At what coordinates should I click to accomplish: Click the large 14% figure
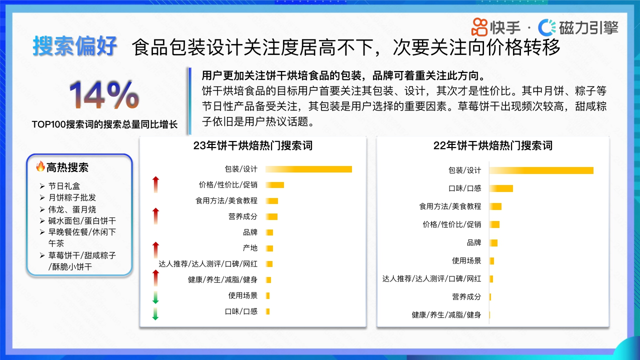104,95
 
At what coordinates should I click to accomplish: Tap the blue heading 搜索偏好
75,46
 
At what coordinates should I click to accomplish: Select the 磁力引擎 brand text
588,27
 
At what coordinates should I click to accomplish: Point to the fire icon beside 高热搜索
40,166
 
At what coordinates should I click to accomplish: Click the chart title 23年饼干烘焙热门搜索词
253,145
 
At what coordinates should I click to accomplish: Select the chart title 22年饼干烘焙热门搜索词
492,145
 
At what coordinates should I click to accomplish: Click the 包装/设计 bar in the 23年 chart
308,169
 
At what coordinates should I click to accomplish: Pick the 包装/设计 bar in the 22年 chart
541,170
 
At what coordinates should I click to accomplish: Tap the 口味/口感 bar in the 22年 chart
501,188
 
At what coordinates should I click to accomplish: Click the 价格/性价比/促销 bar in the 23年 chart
275,185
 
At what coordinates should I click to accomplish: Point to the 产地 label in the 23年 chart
250,248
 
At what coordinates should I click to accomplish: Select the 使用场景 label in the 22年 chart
466,260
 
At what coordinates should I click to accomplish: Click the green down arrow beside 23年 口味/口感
155,314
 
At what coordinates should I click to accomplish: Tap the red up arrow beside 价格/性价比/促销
155,184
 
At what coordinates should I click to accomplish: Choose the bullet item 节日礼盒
64,186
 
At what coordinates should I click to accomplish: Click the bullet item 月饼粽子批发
72,197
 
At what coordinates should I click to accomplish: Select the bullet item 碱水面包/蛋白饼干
82,220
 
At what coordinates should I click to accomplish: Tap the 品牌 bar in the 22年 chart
493,242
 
